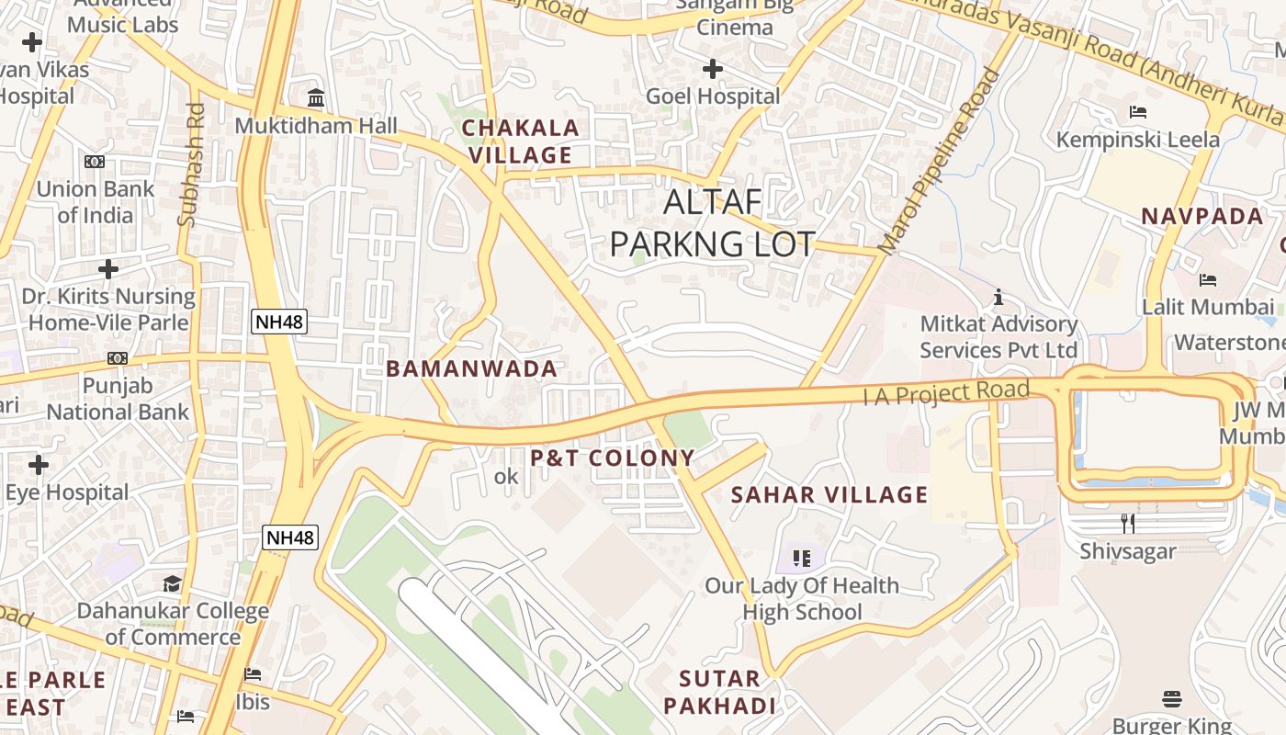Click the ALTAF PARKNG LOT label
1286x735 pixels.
click(712, 223)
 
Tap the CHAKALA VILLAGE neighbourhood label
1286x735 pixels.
click(521, 141)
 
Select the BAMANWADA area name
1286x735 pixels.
click(471, 369)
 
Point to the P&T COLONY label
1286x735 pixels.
click(613, 458)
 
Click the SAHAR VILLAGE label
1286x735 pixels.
click(829, 495)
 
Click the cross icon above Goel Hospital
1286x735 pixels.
click(713, 69)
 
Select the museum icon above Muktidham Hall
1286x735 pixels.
click(316, 98)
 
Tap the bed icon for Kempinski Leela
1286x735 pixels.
click(1137, 112)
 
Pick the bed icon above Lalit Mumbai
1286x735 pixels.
click(1208, 279)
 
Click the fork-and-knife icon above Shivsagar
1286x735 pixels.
click(1128, 524)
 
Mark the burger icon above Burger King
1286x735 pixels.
click(1171, 699)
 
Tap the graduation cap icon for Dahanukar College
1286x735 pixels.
click(172, 584)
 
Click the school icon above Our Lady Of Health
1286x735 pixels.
click(801, 558)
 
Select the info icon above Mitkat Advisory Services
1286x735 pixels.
click(998, 297)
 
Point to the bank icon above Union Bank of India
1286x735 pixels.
click(95, 162)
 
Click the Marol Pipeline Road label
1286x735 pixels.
click(938, 163)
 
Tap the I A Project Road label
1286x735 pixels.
click(946, 392)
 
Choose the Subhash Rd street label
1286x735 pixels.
click(192, 164)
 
